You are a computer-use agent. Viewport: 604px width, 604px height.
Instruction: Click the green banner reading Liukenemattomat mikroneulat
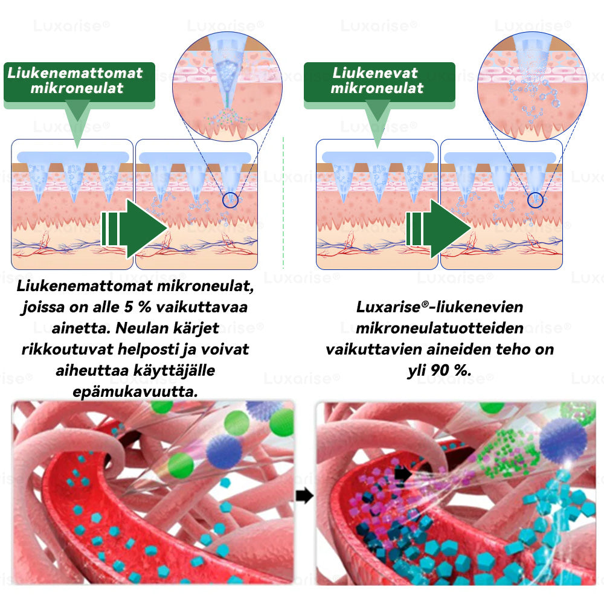pos(79,82)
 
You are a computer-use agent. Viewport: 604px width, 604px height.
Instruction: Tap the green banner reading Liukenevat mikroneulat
pos(379,82)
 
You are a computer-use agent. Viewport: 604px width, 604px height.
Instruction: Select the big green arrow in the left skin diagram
pos(134,228)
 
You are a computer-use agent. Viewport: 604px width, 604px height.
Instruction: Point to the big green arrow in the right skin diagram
pos(439,228)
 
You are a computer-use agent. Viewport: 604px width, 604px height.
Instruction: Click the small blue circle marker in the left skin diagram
pos(230,201)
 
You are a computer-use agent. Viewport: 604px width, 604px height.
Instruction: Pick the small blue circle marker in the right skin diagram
pos(535,201)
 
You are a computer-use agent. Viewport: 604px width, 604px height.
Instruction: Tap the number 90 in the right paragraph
pos(440,371)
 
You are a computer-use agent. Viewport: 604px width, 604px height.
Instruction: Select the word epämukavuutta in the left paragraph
pos(135,392)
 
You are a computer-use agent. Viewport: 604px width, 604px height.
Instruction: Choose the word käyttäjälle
pos(174,371)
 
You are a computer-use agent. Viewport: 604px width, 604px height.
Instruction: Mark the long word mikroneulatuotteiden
pos(440,328)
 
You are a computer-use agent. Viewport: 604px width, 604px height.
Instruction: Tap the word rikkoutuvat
pos(68,349)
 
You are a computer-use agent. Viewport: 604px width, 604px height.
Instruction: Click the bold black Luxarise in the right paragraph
pos(388,307)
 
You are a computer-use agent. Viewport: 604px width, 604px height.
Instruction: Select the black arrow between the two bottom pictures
pos(304,496)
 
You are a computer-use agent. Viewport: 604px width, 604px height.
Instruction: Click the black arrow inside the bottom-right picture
pos(403,474)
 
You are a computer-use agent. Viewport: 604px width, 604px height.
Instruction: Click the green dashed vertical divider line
pos(283,202)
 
